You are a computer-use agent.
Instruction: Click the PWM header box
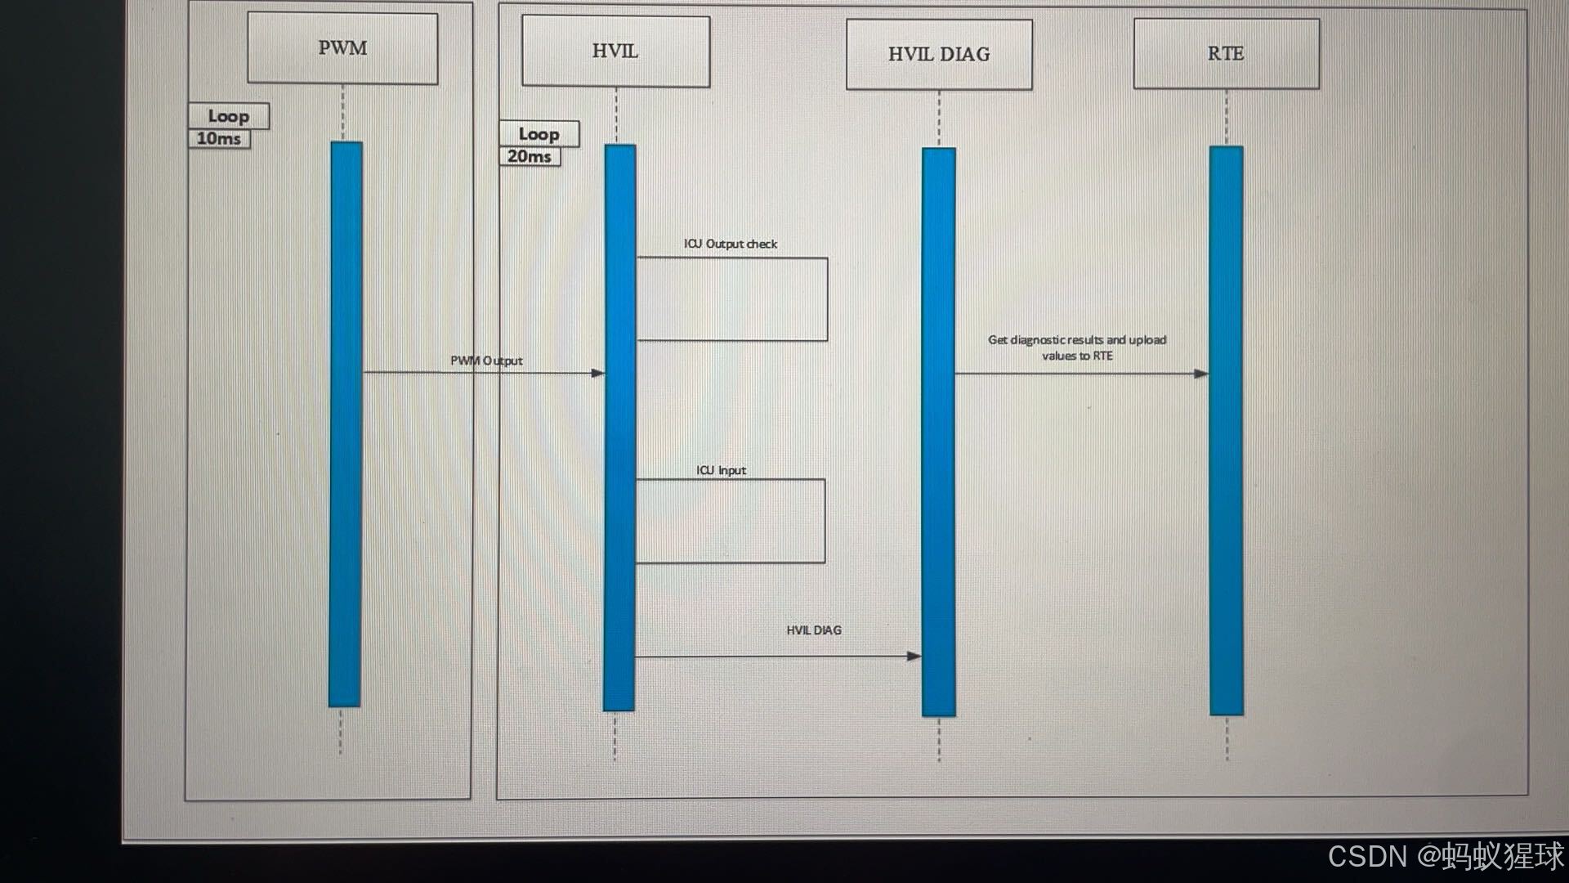pos(342,48)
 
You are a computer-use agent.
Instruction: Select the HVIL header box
pos(615,52)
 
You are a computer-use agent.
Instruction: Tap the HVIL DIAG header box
pos(939,55)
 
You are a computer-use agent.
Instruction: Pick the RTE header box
pos(1226,54)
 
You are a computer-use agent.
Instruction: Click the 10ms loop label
pos(219,139)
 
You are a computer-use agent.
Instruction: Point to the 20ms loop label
pos(530,156)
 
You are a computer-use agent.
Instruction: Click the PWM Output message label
pos(486,361)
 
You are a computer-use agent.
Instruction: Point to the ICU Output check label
pos(731,244)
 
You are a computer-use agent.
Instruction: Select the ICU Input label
pos(721,470)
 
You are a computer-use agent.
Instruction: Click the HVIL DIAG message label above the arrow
pos(814,630)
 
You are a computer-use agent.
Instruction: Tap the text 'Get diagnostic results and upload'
pos(1077,340)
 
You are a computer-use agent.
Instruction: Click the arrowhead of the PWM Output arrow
pos(598,373)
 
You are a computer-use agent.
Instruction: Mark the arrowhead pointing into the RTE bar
pos(1201,374)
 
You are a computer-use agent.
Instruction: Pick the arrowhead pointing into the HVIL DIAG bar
pos(914,656)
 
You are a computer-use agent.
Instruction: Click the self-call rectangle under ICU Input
pos(731,521)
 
